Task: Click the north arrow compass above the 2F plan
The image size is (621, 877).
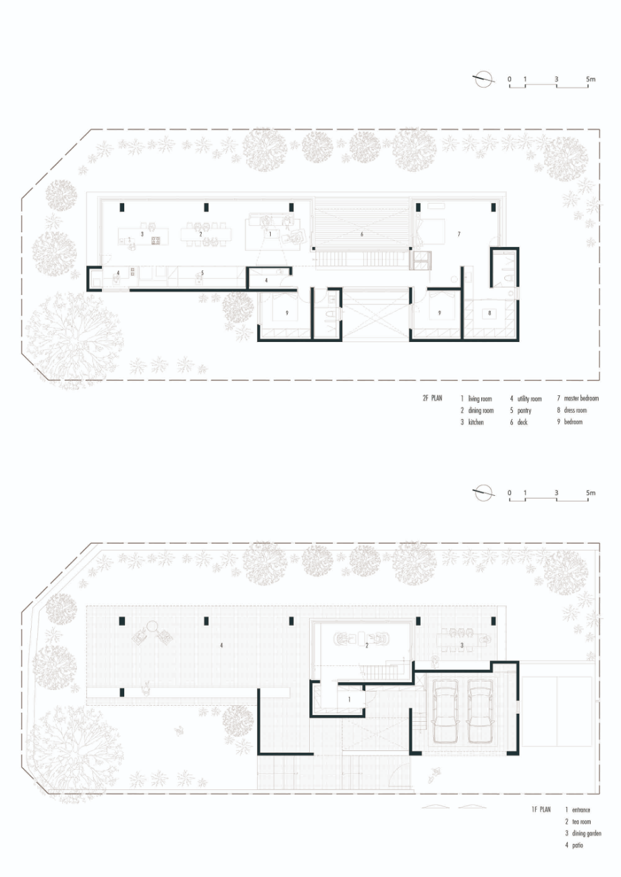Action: pyautogui.click(x=483, y=79)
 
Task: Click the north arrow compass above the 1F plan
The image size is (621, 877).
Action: pyautogui.click(x=483, y=492)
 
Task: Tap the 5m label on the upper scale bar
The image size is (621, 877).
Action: pyautogui.click(x=591, y=79)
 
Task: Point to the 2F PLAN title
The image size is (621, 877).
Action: pyautogui.click(x=432, y=398)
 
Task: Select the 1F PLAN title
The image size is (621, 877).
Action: pyautogui.click(x=541, y=810)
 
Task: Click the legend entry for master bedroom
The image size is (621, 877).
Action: pyautogui.click(x=578, y=398)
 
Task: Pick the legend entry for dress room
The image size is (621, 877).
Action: pyautogui.click(x=572, y=410)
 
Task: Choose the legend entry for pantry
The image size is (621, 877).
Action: pyautogui.click(x=520, y=410)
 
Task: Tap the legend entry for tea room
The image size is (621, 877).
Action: pyautogui.click(x=578, y=822)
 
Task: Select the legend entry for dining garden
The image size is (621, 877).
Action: pyautogui.click(x=583, y=833)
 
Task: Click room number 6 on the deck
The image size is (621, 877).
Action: pyautogui.click(x=362, y=234)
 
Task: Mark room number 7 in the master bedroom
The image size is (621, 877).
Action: pyautogui.click(x=459, y=234)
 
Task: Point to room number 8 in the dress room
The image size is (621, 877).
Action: pyautogui.click(x=489, y=313)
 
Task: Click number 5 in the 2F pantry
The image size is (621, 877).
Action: pyautogui.click(x=202, y=273)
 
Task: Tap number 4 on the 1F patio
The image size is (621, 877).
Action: pyautogui.click(x=221, y=645)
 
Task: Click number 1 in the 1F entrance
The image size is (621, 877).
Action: pyautogui.click(x=349, y=700)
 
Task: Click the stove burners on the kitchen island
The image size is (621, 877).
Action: pyautogui.click(x=155, y=240)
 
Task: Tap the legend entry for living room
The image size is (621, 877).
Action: pyautogui.click(x=476, y=399)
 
